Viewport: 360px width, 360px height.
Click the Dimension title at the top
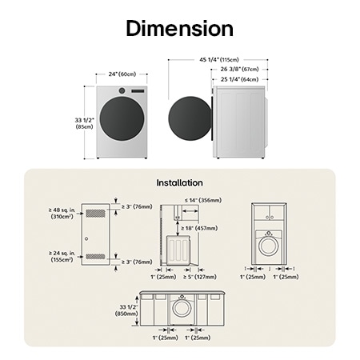point(179,29)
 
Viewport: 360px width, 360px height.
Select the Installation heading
point(179,182)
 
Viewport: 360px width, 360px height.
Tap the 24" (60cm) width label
point(122,74)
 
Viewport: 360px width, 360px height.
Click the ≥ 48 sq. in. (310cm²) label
point(63,213)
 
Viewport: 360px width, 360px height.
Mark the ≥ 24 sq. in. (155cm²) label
point(63,256)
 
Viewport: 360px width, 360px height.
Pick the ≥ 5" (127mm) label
point(200,277)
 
